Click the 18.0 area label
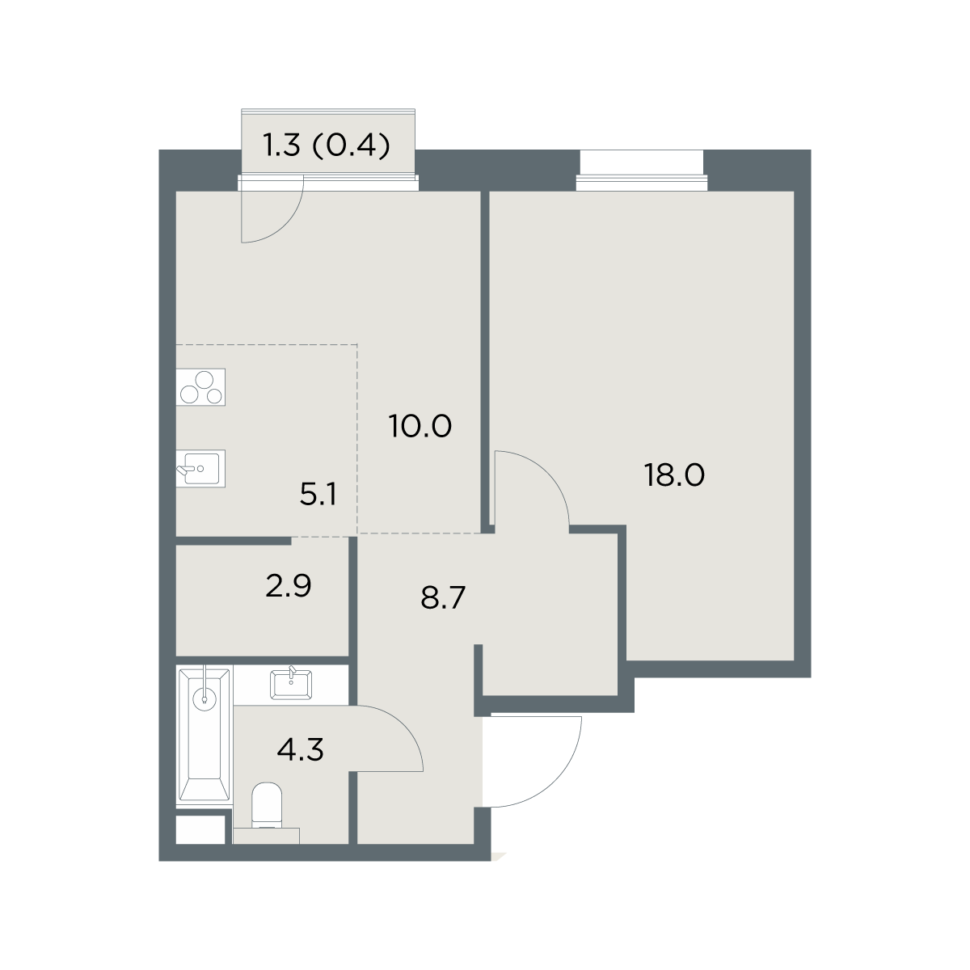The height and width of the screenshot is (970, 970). [x=674, y=475]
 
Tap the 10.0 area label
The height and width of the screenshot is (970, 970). [x=420, y=426]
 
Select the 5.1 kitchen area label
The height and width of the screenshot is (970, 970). [x=318, y=495]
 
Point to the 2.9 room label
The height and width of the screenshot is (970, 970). [x=289, y=586]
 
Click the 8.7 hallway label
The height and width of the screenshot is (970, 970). [x=443, y=598]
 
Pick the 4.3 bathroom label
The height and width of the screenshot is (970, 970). [x=300, y=749]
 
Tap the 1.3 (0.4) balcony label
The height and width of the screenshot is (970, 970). [x=327, y=145]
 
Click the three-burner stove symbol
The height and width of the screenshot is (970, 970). [x=200, y=387]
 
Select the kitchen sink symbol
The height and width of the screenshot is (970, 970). [x=200, y=469]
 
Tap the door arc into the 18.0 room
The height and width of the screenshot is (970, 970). [x=549, y=473]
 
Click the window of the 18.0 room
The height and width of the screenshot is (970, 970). [x=642, y=182]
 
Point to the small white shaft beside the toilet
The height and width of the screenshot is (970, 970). [x=200, y=829]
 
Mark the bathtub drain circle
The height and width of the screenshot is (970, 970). [x=205, y=699]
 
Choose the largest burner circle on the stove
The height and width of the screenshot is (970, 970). [x=205, y=381]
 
